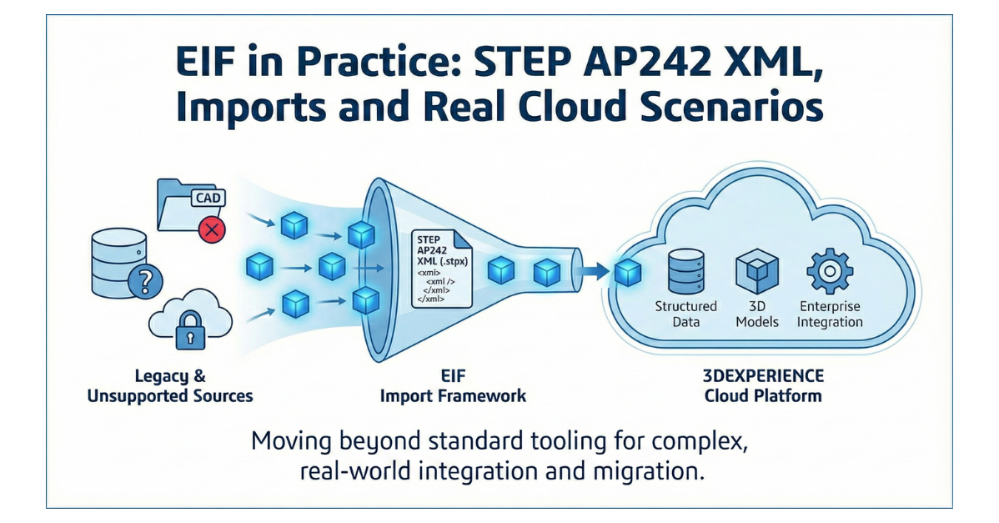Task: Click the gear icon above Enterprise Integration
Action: pyautogui.click(x=829, y=271)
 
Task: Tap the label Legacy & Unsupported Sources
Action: pyautogui.click(x=169, y=386)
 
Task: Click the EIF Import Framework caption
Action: pyautogui.click(x=453, y=386)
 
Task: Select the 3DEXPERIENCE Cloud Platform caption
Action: pyautogui.click(x=763, y=385)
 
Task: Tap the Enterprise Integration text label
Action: pyautogui.click(x=830, y=314)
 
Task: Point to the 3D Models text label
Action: pyautogui.click(x=756, y=314)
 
